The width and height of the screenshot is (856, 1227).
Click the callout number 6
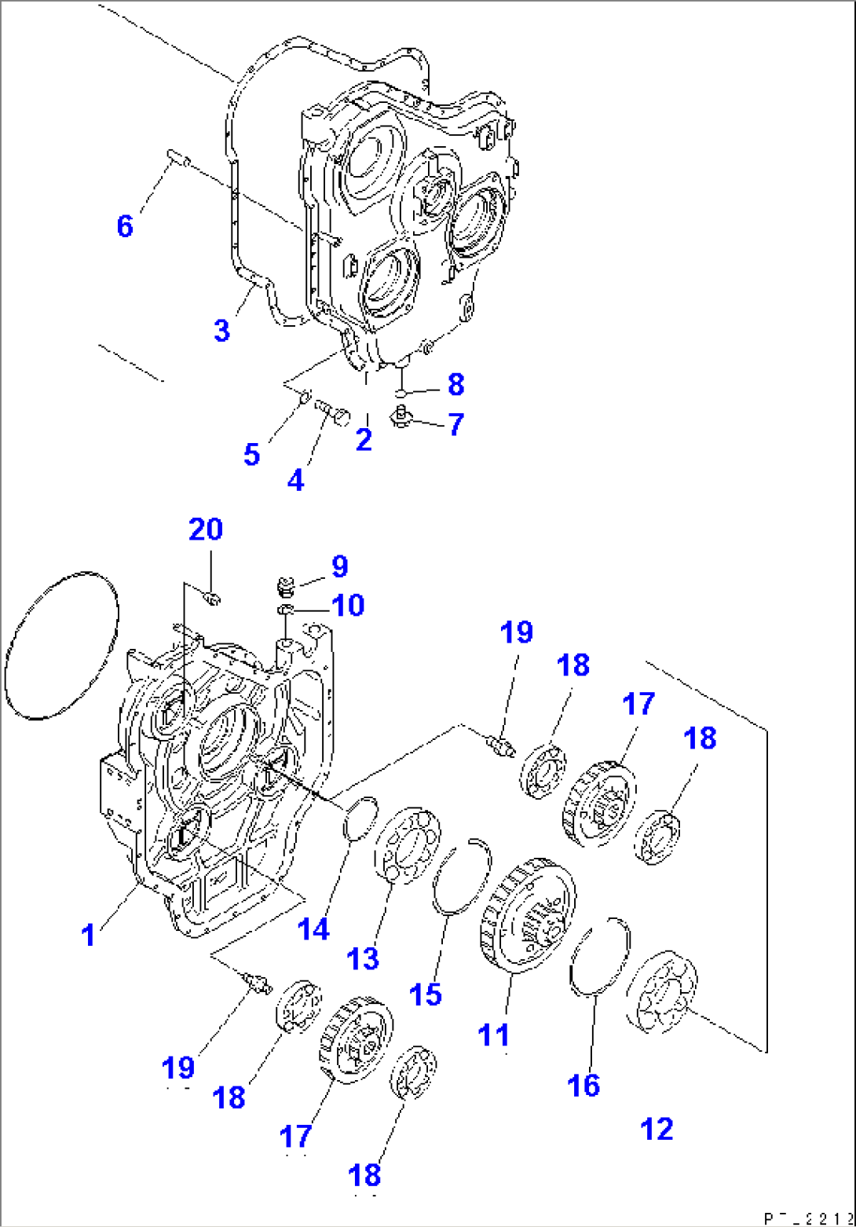tap(124, 226)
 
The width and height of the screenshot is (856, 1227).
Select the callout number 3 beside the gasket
tap(221, 331)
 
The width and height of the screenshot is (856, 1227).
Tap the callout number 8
tap(455, 384)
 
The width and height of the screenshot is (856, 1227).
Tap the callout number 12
tap(657, 1129)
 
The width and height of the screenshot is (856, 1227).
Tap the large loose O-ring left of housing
tap(61, 644)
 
